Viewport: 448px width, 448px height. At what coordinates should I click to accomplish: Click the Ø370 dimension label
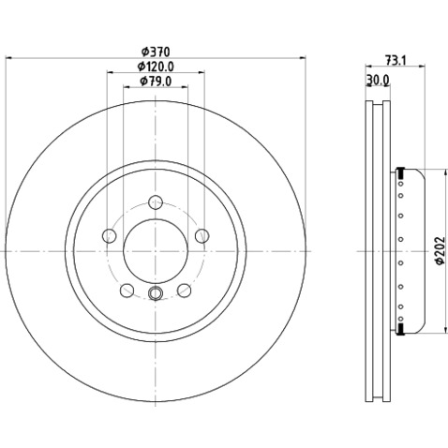pyautogui.click(x=156, y=52)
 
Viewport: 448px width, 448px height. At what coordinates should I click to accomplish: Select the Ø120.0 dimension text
pyautogui.click(x=156, y=67)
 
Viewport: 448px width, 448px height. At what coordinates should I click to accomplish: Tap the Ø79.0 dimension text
pyautogui.click(x=156, y=82)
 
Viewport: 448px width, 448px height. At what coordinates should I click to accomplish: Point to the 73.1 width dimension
pyautogui.click(x=396, y=60)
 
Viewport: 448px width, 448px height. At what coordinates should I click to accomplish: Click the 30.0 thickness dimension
pyautogui.click(x=378, y=81)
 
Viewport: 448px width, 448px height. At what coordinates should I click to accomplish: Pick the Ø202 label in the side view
pyautogui.click(x=440, y=250)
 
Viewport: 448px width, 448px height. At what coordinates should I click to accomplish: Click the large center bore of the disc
pyautogui.click(x=156, y=251)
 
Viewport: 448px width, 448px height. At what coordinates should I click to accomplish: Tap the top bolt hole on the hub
pyautogui.click(x=156, y=202)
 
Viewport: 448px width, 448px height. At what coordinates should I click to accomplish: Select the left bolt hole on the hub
pyautogui.click(x=110, y=235)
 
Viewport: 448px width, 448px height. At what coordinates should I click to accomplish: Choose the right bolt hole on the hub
pyautogui.click(x=202, y=235)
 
